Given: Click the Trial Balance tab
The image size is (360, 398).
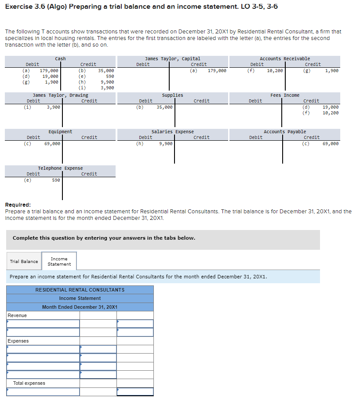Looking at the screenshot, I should coord(24,261).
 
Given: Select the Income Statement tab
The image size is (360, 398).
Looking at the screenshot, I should coord(59,261).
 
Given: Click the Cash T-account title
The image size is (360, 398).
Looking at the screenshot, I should coord(60,58).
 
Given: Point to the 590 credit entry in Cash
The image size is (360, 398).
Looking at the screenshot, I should coord(110,76).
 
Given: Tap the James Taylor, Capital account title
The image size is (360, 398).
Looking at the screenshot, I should coord(172,58).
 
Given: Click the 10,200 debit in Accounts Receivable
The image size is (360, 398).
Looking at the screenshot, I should coord(275,70).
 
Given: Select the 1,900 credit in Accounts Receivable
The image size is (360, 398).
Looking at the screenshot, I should coord(332,70).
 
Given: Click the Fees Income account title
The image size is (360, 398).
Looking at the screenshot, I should coord(285,95).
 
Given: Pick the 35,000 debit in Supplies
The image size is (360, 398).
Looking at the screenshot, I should coord(164,107).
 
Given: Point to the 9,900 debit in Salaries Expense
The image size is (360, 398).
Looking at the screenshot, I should coord(166,143).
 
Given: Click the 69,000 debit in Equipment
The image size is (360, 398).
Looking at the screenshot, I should coord(52,143).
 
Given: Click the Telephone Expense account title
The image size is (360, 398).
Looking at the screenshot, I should coord(60,168).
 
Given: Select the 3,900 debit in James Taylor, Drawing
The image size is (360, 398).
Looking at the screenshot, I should coord(54,107).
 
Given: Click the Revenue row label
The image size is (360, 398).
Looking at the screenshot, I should coord(17,315).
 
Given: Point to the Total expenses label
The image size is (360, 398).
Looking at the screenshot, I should coord(29,383).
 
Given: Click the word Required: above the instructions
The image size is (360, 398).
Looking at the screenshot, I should coord(18,205).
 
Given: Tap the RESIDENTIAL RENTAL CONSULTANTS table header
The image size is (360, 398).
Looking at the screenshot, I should coord(80,290).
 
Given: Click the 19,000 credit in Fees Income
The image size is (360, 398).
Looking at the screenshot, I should coord(331,107).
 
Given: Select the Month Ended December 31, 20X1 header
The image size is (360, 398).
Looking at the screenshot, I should coord(80,307).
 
